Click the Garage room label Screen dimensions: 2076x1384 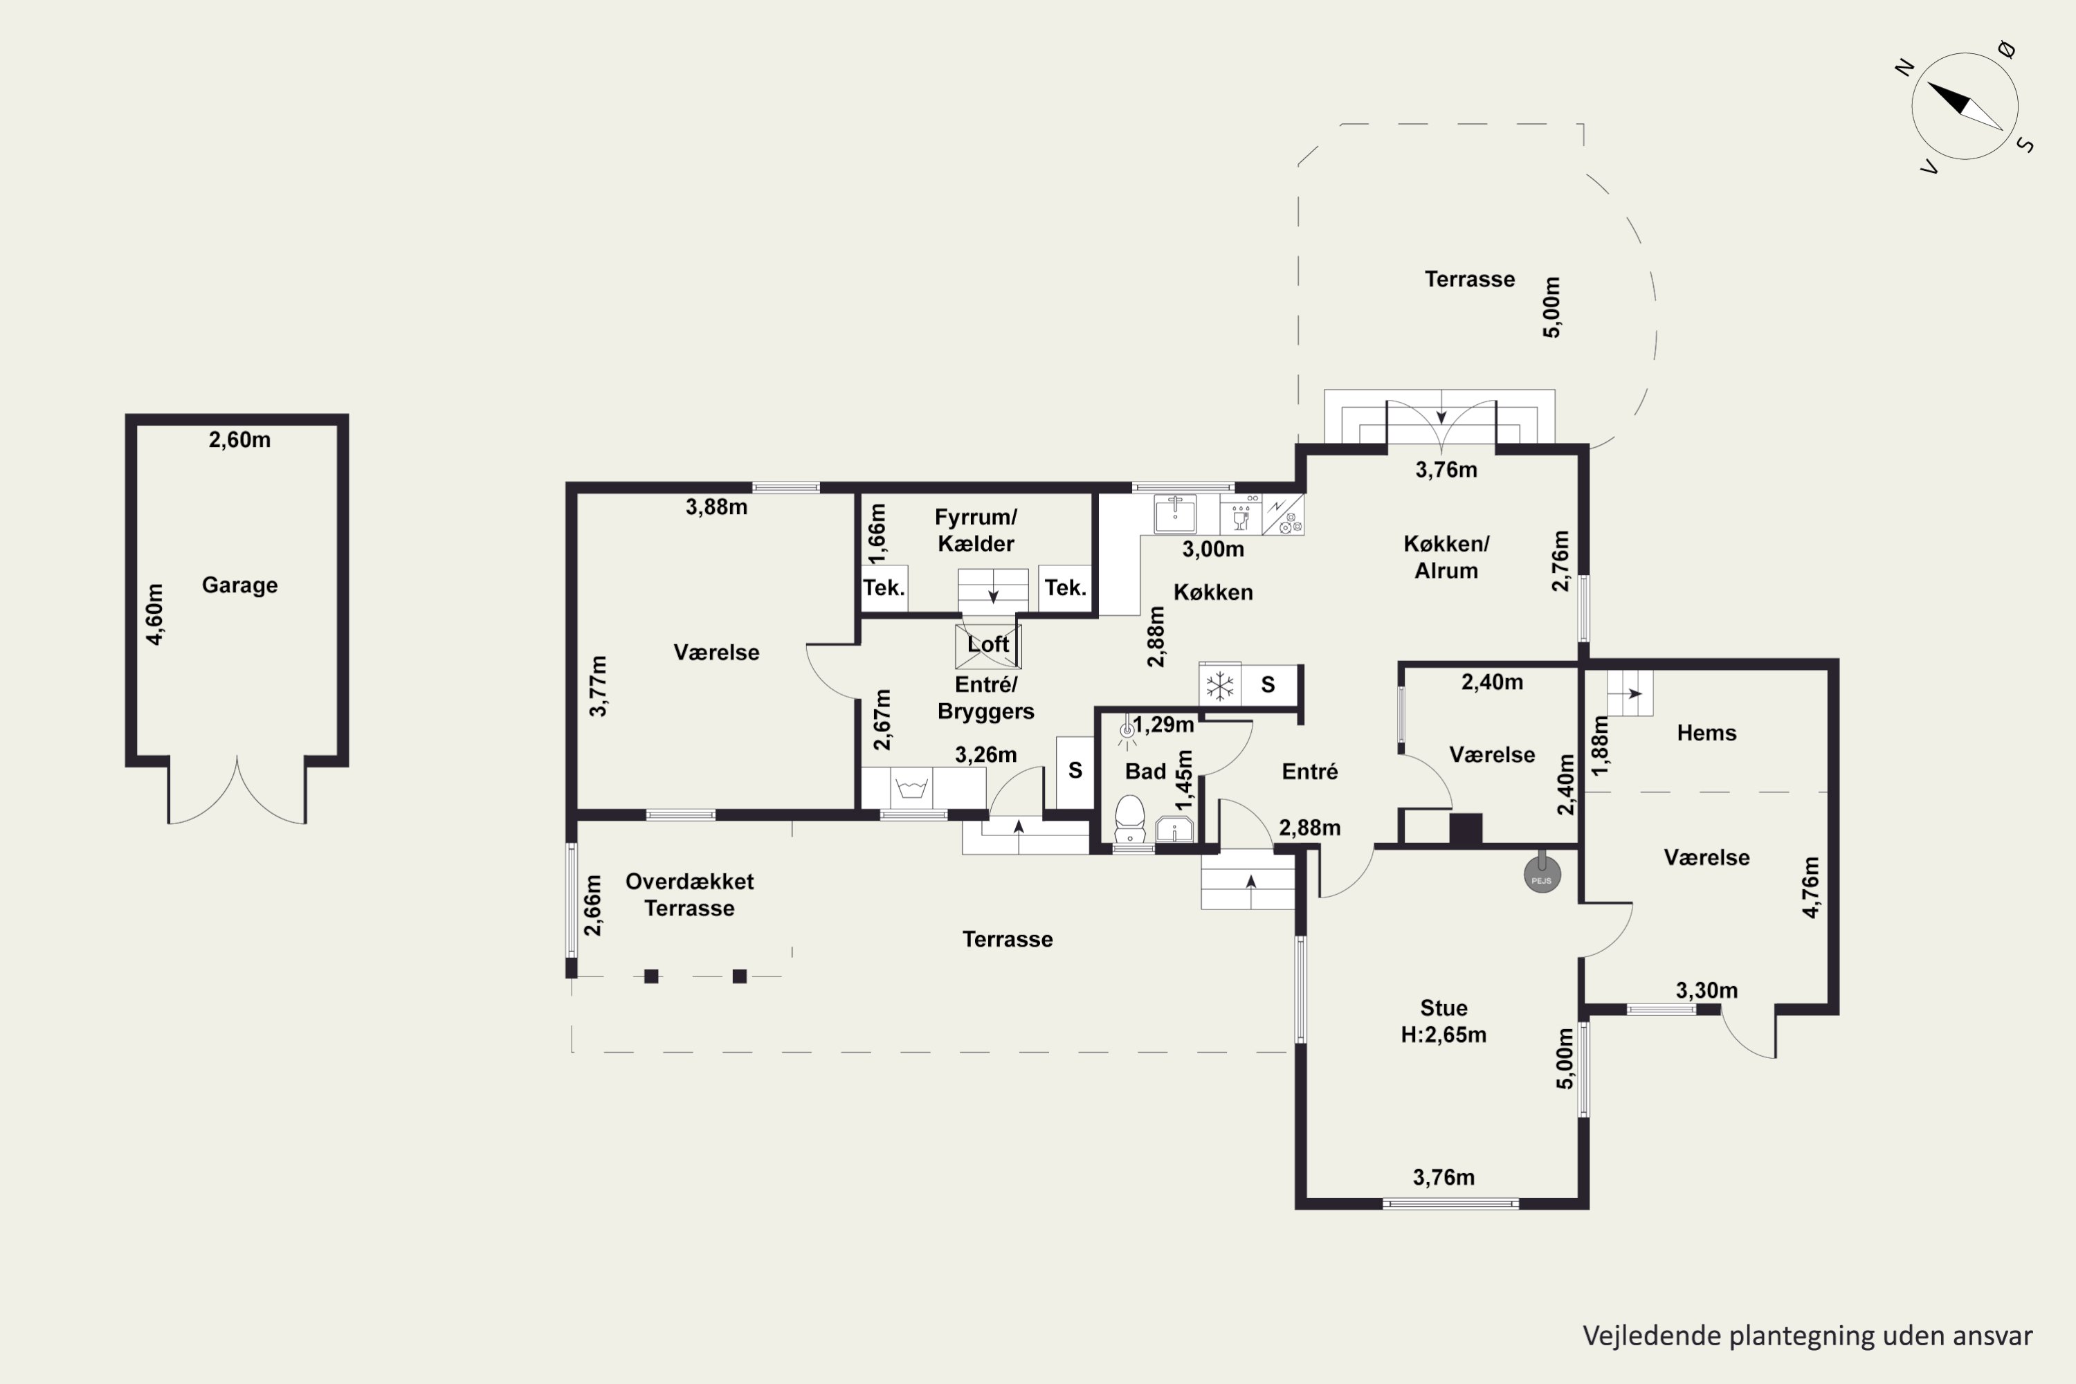click(239, 585)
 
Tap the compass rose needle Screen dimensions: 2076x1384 click(1964, 106)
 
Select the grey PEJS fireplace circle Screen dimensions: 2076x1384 click(1542, 875)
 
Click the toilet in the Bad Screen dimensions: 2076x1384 click(1130, 820)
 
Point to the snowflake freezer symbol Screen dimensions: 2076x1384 click(1220, 685)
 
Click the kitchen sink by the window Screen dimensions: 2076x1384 click(1175, 513)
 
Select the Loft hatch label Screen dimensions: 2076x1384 click(987, 644)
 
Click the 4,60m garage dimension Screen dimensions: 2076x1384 click(154, 614)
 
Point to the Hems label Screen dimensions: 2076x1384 click(1706, 733)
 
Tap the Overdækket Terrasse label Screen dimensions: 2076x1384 click(689, 895)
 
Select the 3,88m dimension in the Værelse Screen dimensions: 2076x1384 click(717, 507)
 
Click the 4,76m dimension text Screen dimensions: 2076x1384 click(1810, 888)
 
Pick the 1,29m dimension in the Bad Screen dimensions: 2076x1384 click(1163, 725)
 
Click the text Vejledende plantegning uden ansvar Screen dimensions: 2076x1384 click(1808, 1336)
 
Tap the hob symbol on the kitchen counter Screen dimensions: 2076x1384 click(1284, 515)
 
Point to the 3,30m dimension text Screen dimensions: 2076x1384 click(1707, 990)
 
